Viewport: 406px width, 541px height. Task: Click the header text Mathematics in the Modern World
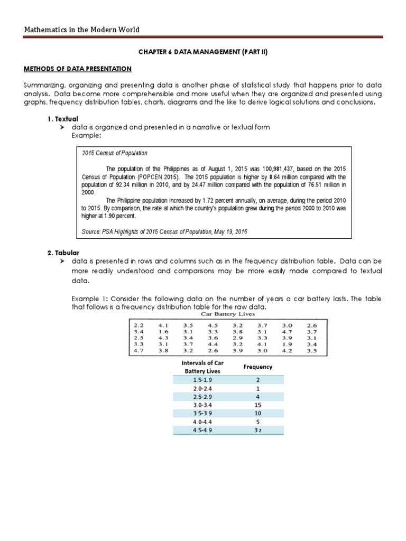pyautogui.click(x=82, y=30)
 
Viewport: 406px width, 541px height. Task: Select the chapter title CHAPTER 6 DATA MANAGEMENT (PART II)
pyautogui.click(x=202, y=53)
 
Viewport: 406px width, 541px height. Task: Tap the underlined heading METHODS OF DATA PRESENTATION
pyautogui.click(x=78, y=69)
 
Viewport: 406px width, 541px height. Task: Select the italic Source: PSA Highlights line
pyautogui.click(x=164, y=231)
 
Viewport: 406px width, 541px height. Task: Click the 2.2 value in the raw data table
pyautogui.click(x=139, y=325)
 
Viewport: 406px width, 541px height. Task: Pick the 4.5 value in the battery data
pyautogui.click(x=213, y=325)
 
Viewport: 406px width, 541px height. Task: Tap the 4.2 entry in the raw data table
pyautogui.click(x=286, y=350)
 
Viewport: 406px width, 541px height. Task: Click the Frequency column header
pyautogui.click(x=258, y=367)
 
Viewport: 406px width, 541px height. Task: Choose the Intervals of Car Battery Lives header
pyautogui.click(x=201, y=367)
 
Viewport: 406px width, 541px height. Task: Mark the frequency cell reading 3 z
pyautogui.click(x=258, y=431)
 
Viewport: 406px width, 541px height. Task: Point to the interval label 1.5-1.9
pyautogui.click(x=201, y=380)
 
